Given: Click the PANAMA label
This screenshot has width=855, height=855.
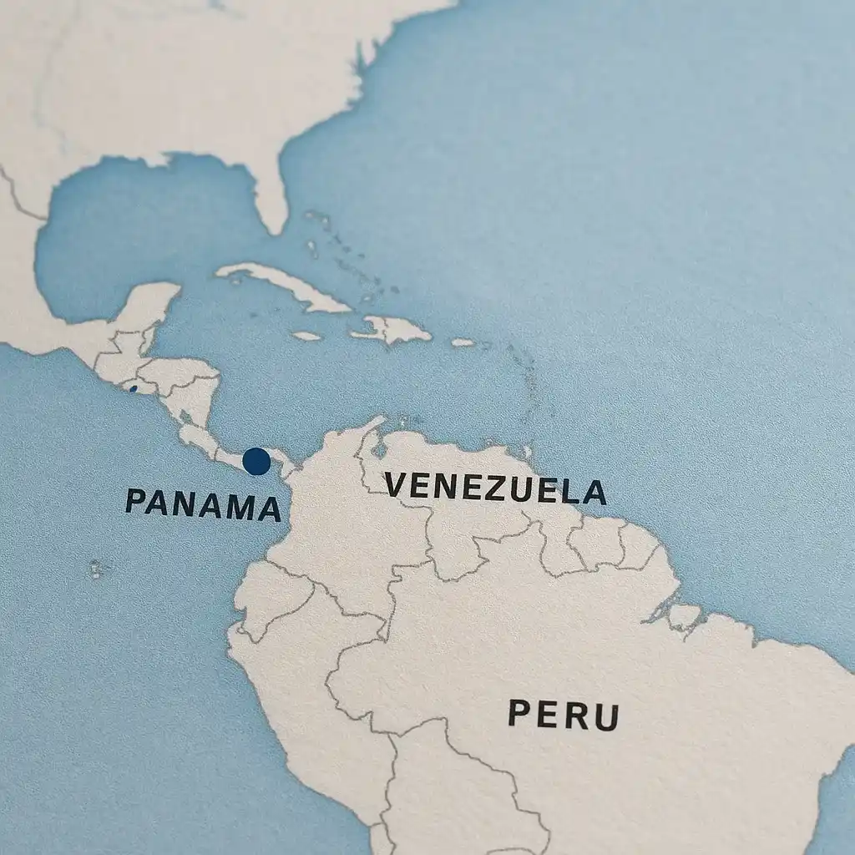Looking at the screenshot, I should pyautogui.click(x=203, y=503).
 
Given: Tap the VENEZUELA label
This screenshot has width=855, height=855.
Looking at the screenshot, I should pyautogui.click(x=495, y=488).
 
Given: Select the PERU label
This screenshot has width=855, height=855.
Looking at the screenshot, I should pyautogui.click(x=564, y=715).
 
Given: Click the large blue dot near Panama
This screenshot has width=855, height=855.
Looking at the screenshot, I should pyautogui.click(x=256, y=461).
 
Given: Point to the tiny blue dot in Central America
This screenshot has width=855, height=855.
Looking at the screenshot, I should pyautogui.click(x=134, y=388).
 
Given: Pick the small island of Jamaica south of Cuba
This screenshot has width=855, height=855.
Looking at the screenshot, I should pyautogui.click(x=307, y=336).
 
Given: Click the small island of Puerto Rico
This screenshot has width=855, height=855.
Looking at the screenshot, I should pyautogui.click(x=463, y=342).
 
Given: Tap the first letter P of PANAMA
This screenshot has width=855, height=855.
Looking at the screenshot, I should pyautogui.click(x=136, y=499).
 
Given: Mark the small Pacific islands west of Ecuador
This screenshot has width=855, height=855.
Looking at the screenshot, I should pyautogui.click(x=97, y=569).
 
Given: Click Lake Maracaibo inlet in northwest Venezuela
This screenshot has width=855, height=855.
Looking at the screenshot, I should pyautogui.click(x=381, y=450).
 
